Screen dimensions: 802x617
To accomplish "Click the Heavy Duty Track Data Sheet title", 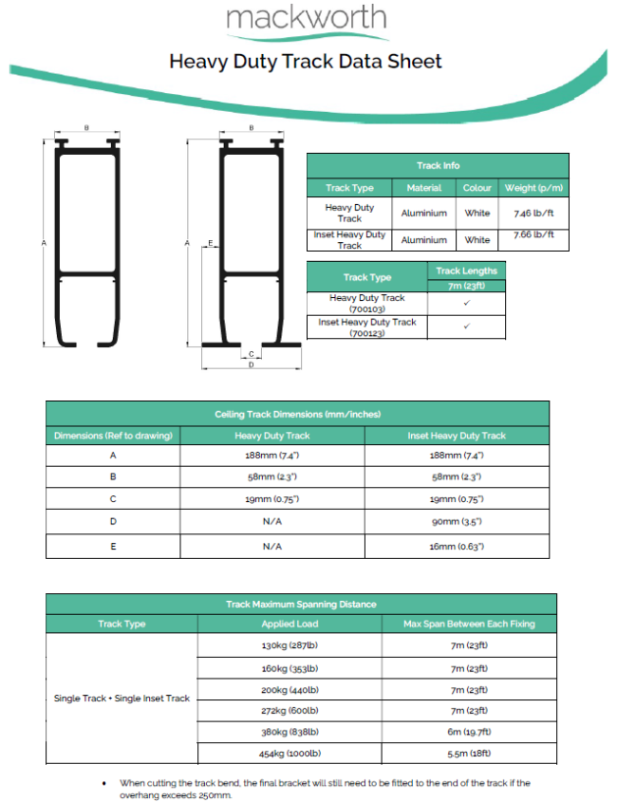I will click(306, 62).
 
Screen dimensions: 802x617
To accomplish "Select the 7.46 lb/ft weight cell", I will click(535, 213).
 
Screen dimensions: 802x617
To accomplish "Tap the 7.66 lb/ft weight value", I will click(535, 234).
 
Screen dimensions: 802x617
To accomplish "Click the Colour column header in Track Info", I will click(477, 188).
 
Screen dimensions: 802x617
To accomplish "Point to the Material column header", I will click(423, 188).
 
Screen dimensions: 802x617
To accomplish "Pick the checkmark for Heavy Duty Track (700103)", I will click(466, 303).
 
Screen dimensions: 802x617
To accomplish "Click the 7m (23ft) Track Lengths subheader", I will click(466, 286).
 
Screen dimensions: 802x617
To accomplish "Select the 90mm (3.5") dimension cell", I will click(457, 522).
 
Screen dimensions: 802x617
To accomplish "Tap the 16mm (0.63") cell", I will click(457, 547).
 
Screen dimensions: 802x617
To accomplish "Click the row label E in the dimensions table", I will click(113, 547).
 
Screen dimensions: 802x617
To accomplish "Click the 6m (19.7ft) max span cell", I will click(469, 732).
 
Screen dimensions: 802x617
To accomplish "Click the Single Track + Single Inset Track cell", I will click(122, 699).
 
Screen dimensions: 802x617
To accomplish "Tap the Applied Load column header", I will click(290, 624).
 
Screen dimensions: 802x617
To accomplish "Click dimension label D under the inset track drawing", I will click(250, 364).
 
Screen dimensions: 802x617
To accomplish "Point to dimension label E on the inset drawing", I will click(209, 243).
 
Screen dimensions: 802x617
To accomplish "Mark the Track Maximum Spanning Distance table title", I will click(301, 604).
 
